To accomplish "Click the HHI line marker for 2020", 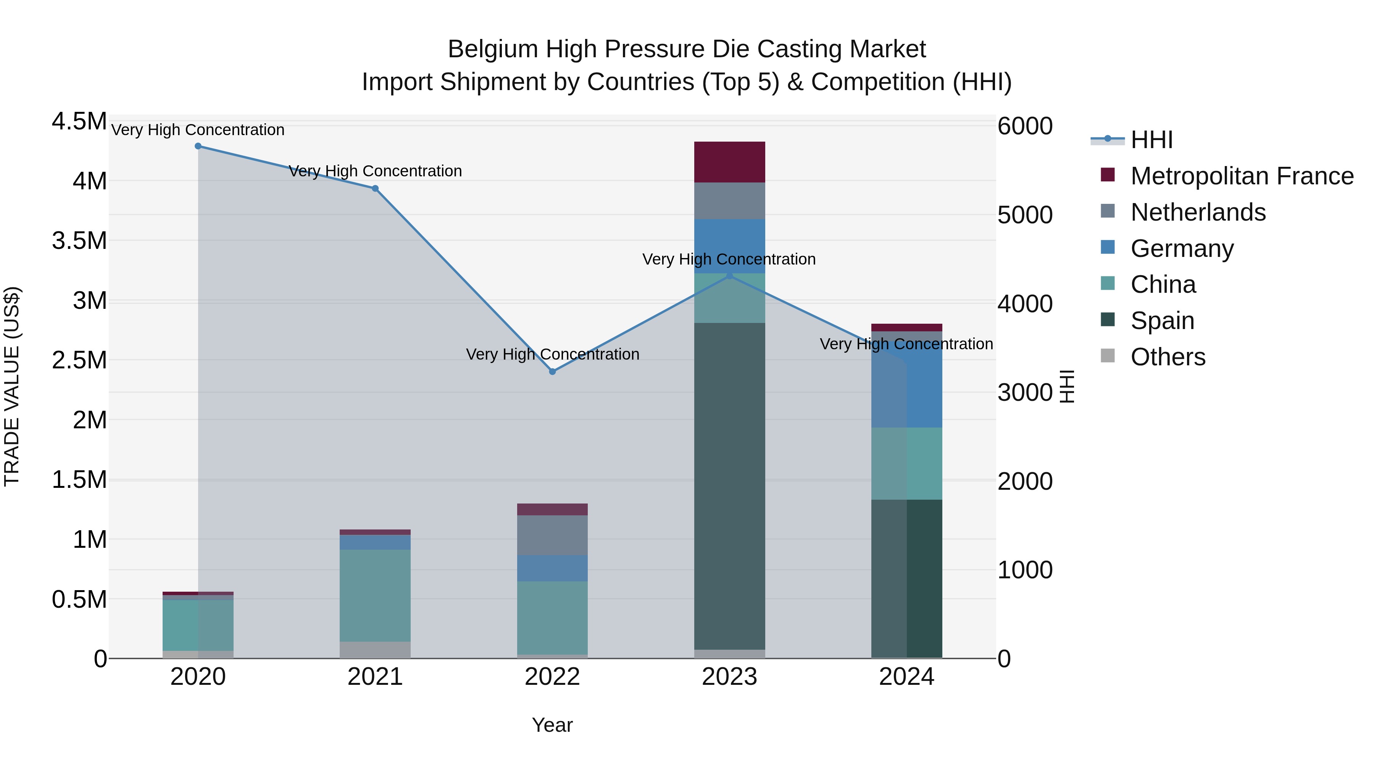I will [198, 146].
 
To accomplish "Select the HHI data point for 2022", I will [553, 371].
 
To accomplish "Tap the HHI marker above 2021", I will [375, 188].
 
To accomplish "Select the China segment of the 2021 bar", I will [375, 595].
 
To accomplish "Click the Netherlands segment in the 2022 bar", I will [553, 535].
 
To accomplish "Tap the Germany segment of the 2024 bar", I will [907, 384].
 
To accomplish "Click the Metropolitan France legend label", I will [1242, 176].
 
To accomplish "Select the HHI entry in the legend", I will [1151, 140].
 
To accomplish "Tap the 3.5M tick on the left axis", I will [79, 240].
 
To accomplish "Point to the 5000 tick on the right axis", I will [1025, 215].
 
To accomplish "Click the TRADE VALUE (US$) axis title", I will [12, 386].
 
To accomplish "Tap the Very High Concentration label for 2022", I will [553, 354].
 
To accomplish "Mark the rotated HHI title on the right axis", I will [1067, 386].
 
